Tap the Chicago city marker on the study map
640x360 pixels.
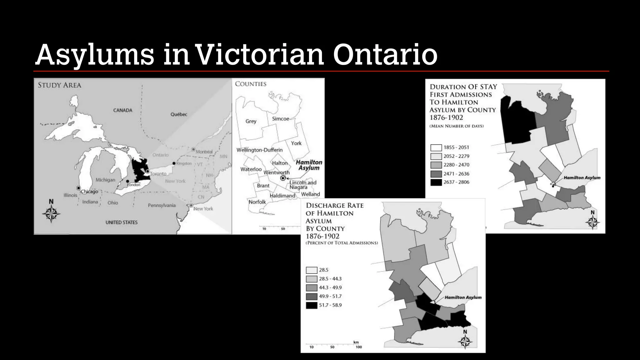point(78,188)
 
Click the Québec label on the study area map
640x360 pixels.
point(179,114)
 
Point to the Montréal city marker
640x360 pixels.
point(193,149)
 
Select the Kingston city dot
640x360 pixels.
point(174,163)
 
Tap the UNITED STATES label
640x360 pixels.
point(121,222)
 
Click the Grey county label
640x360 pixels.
point(251,121)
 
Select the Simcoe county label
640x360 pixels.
point(280,119)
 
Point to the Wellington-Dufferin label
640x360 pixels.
point(259,150)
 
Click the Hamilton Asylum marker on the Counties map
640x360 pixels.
point(283,178)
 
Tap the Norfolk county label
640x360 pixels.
point(257,202)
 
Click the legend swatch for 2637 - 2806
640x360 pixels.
point(436,182)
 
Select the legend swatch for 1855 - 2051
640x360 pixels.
point(436,147)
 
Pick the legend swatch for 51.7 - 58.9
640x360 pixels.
point(312,305)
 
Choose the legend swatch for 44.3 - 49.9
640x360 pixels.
point(312,288)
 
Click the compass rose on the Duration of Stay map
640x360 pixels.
point(592,222)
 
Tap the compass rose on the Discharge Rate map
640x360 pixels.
point(465,341)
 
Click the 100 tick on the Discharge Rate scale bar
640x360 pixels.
point(359,347)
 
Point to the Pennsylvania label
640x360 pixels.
point(162,205)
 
